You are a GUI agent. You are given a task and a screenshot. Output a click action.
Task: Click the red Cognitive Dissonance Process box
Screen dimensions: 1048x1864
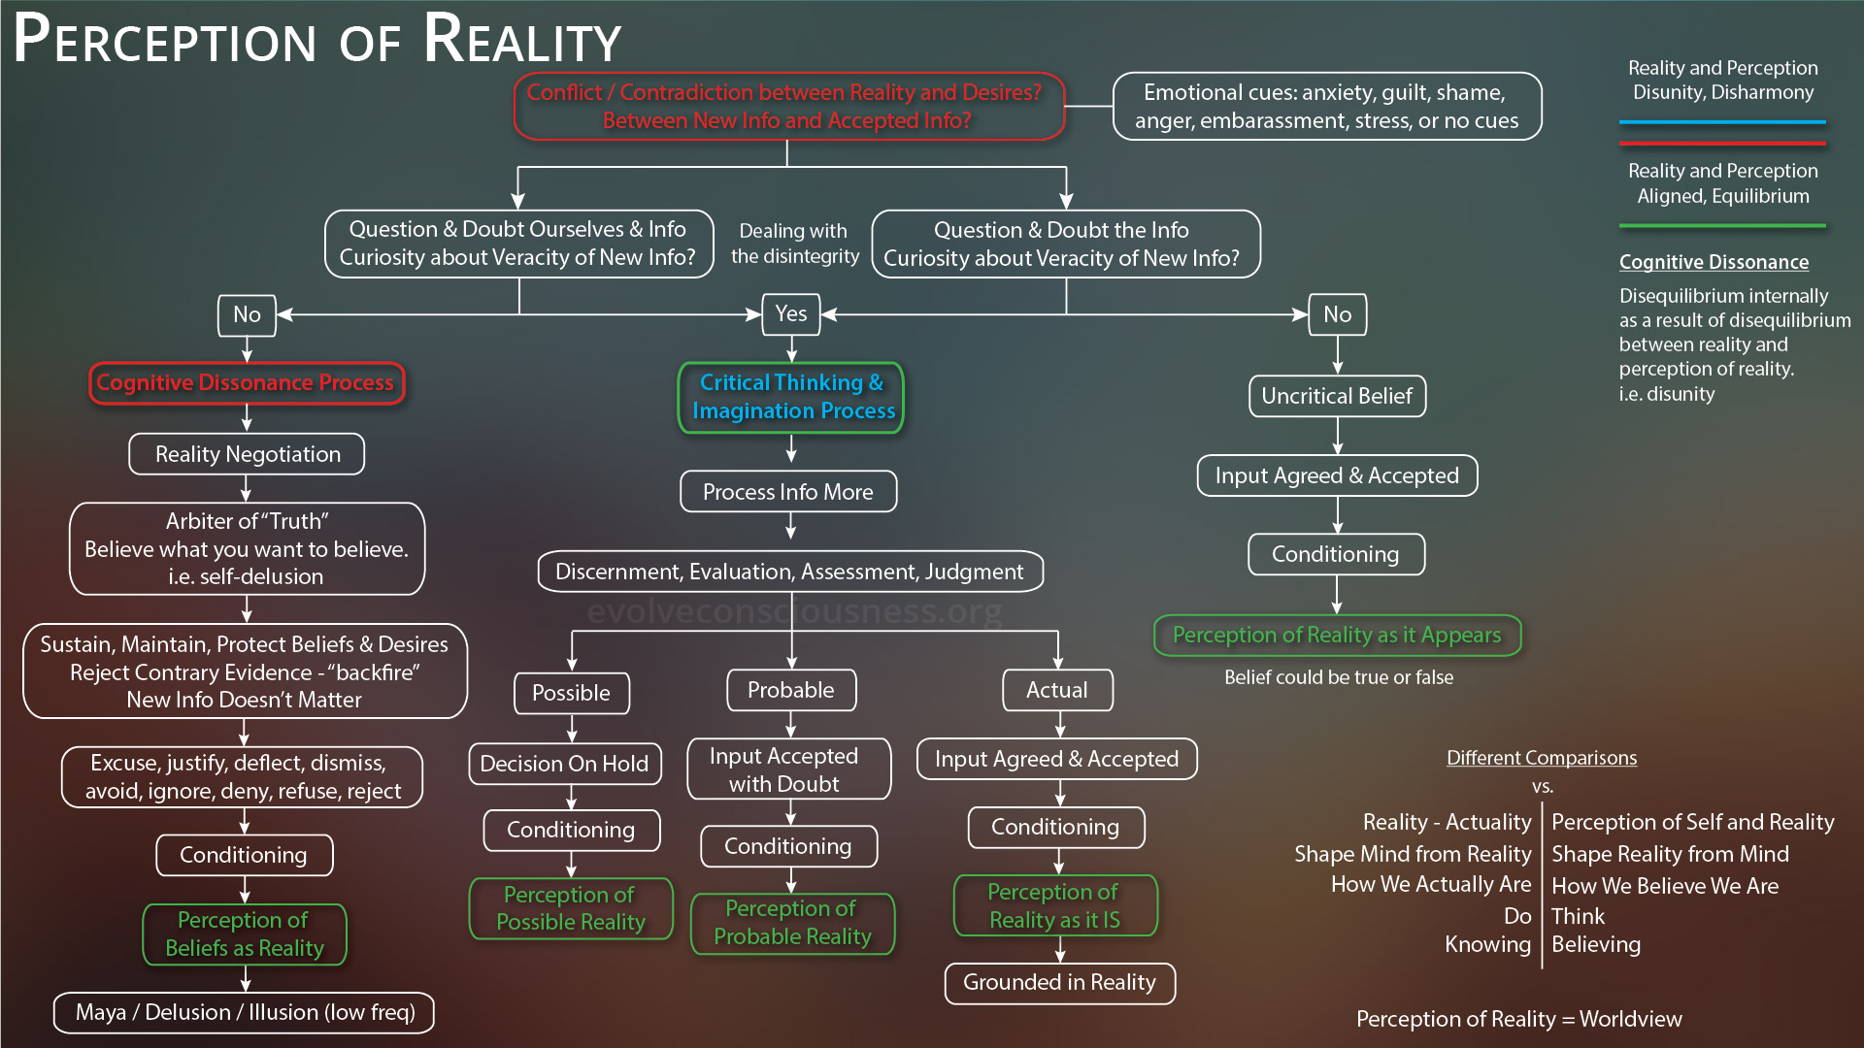click(247, 382)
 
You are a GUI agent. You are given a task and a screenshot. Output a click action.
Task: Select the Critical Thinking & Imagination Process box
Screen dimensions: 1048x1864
click(791, 397)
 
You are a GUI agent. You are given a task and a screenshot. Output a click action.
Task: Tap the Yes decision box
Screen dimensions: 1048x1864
click(791, 313)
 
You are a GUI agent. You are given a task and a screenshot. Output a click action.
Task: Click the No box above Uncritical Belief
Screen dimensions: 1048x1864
click(1337, 314)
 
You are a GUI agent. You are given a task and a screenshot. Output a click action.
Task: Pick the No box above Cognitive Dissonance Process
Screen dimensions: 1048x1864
click(247, 314)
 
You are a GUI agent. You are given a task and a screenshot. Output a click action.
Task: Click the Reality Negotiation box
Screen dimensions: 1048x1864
click(247, 454)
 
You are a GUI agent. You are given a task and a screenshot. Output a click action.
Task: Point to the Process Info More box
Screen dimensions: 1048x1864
click(788, 492)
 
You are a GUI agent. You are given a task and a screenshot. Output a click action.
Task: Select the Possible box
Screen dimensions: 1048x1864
click(572, 693)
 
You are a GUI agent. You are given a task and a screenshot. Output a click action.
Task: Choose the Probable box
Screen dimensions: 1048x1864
click(791, 690)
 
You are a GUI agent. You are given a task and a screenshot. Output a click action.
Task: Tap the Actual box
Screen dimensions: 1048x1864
click(1057, 690)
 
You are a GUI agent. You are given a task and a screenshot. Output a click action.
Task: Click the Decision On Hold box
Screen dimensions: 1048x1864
click(565, 764)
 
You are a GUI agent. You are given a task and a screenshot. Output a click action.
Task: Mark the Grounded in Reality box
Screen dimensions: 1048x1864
click(1059, 983)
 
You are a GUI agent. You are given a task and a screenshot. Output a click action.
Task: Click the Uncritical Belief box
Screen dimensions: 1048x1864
click(1337, 396)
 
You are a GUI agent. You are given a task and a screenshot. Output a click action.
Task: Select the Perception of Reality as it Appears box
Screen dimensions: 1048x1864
click(1337, 636)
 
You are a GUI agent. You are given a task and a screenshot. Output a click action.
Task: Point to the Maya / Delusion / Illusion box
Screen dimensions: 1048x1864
click(245, 1012)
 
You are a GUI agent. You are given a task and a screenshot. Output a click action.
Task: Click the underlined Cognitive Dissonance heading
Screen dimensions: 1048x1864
click(1714, 262)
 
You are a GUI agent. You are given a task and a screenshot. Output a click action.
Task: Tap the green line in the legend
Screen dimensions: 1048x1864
click(1722, 226)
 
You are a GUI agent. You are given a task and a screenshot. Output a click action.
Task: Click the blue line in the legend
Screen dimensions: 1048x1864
click(1722, 122)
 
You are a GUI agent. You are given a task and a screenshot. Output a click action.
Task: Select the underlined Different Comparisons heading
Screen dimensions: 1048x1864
click(1542, 758)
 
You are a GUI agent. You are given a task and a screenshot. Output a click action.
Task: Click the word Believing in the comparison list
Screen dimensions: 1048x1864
click(1596, 944)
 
